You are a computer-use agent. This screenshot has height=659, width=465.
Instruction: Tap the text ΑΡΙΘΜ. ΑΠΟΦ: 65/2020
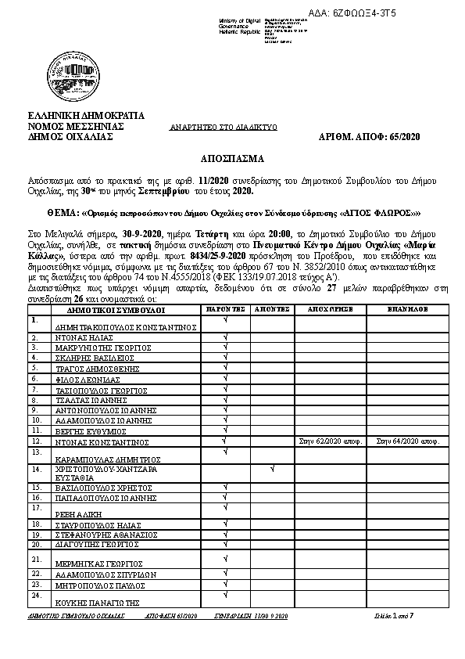click(x=370, y=136)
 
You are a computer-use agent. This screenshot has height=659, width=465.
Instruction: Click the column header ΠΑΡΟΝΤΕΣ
click(x=226, y=309)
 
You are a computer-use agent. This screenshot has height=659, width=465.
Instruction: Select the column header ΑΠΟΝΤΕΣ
click(x=271, y=309)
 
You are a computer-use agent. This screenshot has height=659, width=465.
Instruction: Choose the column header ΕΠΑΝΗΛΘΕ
click(x=406, y=309)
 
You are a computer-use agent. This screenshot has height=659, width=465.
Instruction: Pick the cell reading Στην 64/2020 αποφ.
click(x=406, y=441)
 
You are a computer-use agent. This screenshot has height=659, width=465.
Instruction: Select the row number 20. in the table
click(x=35, y=543)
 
